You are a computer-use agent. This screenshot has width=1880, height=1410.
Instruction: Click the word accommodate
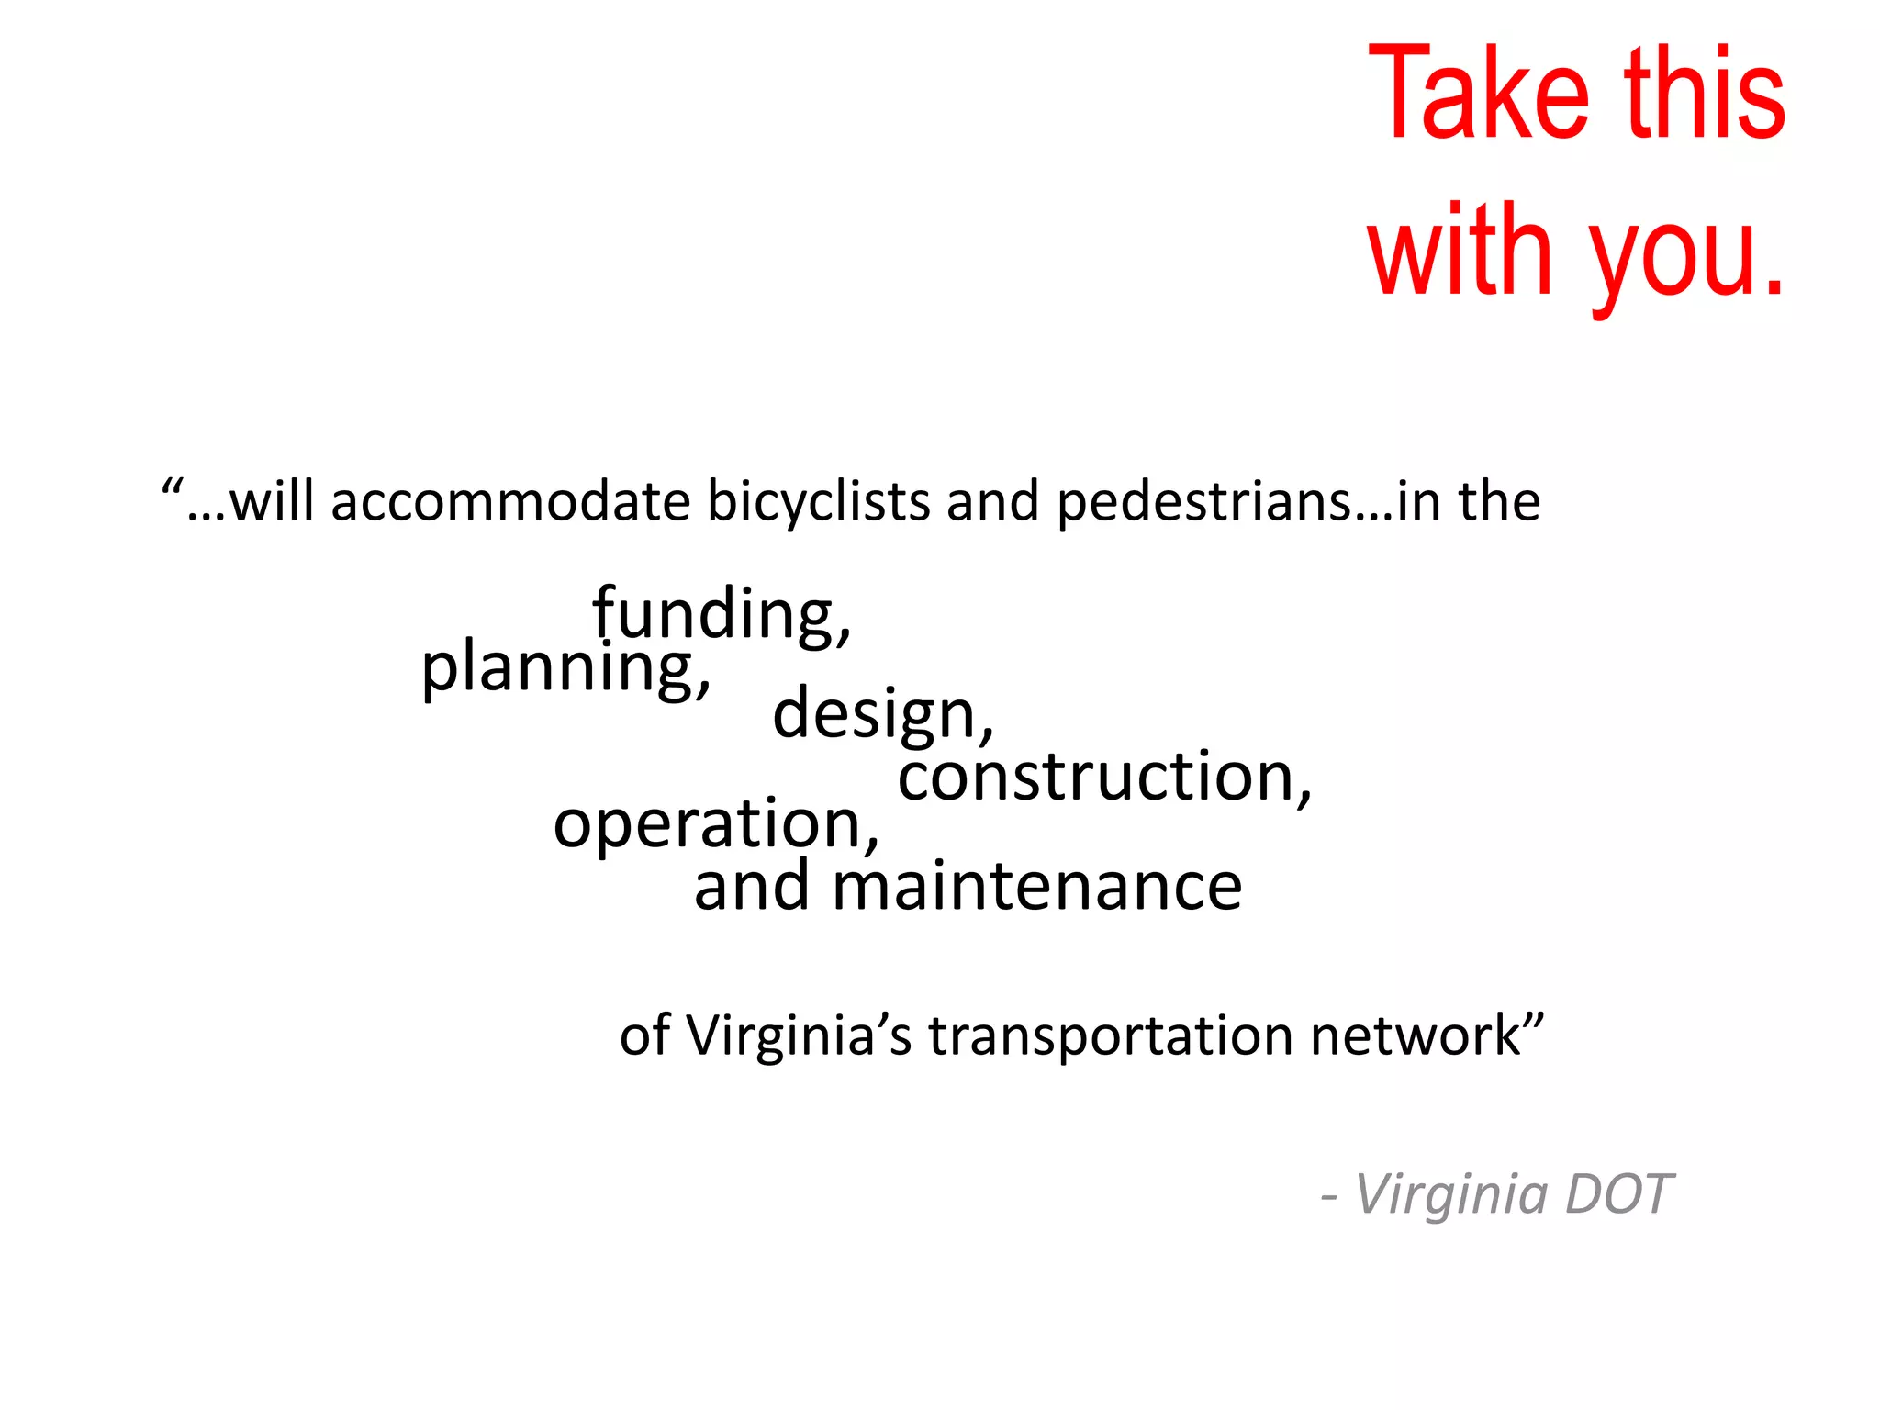click(x=510, y=502)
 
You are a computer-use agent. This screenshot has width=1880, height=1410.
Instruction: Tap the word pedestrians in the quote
click(x=1203, y=504)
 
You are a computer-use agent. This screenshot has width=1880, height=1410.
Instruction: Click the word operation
click(x=711, y=823)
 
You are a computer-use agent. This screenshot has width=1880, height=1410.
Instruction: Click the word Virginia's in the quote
click(x=799, y=1035)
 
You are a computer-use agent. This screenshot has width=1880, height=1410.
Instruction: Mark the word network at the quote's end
click(x=1415, y=1035)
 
